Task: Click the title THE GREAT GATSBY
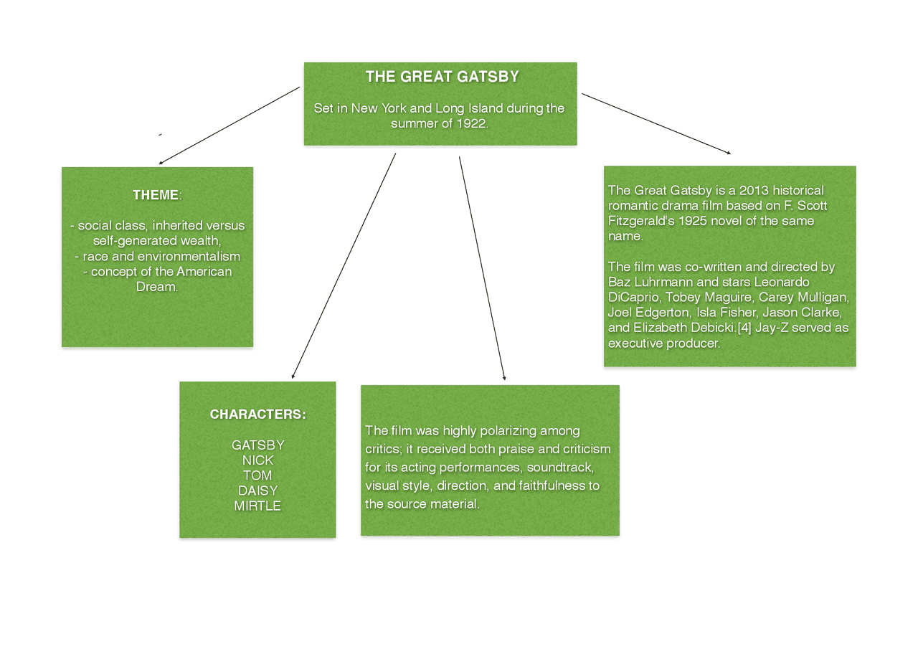pyautogui.click(x=442, y=77)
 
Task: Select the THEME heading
pyautogui.click(x=156, y=195)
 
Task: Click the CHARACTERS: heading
pyautogui.click(x=257, y=414)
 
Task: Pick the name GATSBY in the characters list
pyautogui.click(x=257, y=445)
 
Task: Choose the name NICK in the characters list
pyautogui.click(x=257, y=460)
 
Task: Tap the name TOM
pyautogui.click(x=257, y=475)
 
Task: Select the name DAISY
pyautogui.click(x=257, y=491)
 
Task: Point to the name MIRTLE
pyautogui.click(x=257, y=506)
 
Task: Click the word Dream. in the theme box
pyautogui.click(x=156, y=287)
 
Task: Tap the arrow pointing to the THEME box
pyautogui.click(x=229, y=125)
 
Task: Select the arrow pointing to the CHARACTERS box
pyautogui.click(x=344, y=265)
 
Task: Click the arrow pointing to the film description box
pyautogui.click(x=656, y=123)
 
